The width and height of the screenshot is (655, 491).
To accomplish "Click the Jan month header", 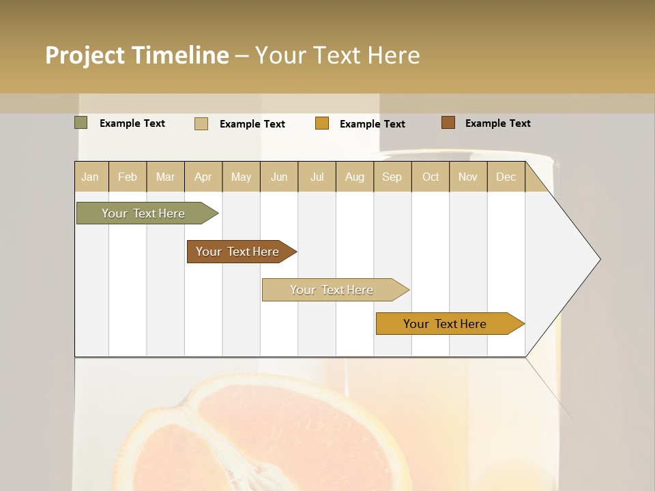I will [91, 177].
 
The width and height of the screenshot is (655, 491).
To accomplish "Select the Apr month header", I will [203, 177].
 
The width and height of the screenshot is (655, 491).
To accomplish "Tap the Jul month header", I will [317, 177].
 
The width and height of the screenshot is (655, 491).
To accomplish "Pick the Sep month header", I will [392, 177].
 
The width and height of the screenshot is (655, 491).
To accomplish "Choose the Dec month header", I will [506, 177].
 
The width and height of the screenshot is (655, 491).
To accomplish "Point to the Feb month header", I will [128, 177].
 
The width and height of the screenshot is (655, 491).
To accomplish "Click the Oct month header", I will [431, 177].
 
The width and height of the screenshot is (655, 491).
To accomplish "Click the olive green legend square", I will [81, 123].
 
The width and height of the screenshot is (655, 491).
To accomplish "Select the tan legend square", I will [201, 123].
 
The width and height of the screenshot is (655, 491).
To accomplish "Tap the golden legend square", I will [322, 123].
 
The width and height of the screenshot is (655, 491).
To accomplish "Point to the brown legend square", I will [448, 123].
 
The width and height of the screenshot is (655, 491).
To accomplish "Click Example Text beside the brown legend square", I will [497, 123].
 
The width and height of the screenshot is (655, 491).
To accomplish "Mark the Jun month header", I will [279, 177].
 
